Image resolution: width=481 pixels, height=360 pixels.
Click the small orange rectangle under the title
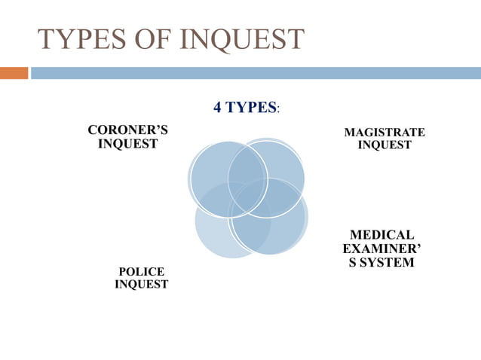[14, 73]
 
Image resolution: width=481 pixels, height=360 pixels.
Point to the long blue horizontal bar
[255, 73]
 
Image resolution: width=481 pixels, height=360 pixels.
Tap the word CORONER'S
[128, 130]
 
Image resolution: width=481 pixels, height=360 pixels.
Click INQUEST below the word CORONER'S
[128, 143]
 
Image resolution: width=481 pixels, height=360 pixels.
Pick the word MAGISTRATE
[384, 133]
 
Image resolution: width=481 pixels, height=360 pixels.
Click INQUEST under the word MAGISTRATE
[384, 145]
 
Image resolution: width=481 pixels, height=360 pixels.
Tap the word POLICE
[142, 271]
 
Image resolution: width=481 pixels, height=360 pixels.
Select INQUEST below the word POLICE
[142, 284]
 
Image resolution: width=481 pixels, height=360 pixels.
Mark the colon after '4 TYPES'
[279, 108]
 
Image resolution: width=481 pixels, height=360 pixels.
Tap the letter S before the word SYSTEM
[354, 262]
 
